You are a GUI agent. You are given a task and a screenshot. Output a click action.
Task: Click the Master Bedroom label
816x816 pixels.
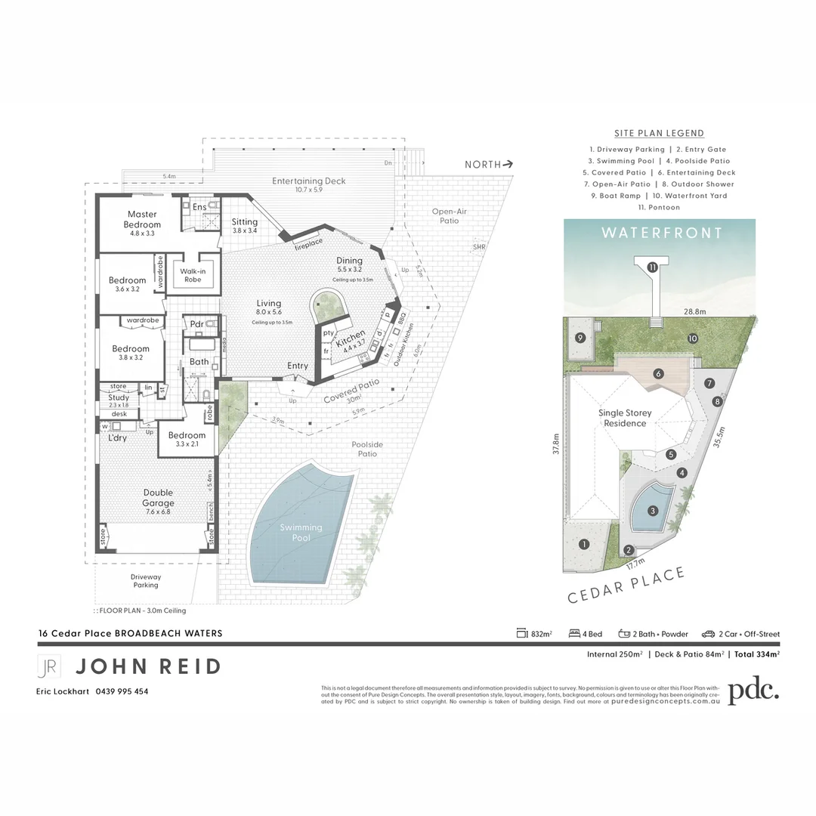[142, 219]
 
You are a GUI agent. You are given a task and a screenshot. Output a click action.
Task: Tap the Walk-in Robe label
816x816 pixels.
[193, 275]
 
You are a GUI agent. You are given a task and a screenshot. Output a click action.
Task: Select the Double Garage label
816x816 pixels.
[158, 498]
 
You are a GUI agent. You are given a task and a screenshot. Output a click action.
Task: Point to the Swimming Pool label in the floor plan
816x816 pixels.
[301, 533]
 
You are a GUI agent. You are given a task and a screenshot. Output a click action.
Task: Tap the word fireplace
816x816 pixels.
[308, 242]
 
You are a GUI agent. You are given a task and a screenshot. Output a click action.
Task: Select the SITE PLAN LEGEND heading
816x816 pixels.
[659, 133]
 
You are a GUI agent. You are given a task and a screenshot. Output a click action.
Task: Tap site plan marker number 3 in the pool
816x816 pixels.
[653, 510]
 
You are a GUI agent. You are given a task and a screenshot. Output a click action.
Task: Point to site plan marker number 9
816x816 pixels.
[580, 338]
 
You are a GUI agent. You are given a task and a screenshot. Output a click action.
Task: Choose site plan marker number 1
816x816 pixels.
[583, 544]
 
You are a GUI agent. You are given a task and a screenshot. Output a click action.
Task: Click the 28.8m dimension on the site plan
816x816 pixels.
[694, 311]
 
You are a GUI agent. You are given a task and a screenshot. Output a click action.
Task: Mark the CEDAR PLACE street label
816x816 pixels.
[626, 585]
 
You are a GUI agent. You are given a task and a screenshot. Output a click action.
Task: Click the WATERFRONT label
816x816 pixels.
[662, 233]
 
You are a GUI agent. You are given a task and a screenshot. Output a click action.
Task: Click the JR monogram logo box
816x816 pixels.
[49, 666]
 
